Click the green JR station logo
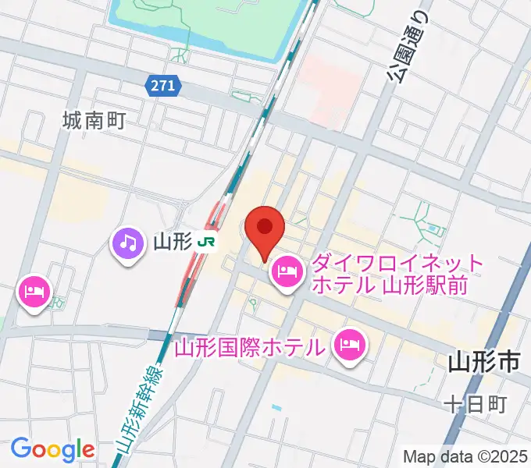[x=207, y=243]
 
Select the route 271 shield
[x=163, y=86]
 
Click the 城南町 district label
[x=94, y=120]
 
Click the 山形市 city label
[x=484, y=362]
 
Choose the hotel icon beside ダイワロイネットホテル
[x=286, y=271]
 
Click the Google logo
[x=52, y=449]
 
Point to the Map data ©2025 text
[x=465, y=456]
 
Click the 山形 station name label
[x=173, y=243]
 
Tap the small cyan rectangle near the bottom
[x=276, y=408]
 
